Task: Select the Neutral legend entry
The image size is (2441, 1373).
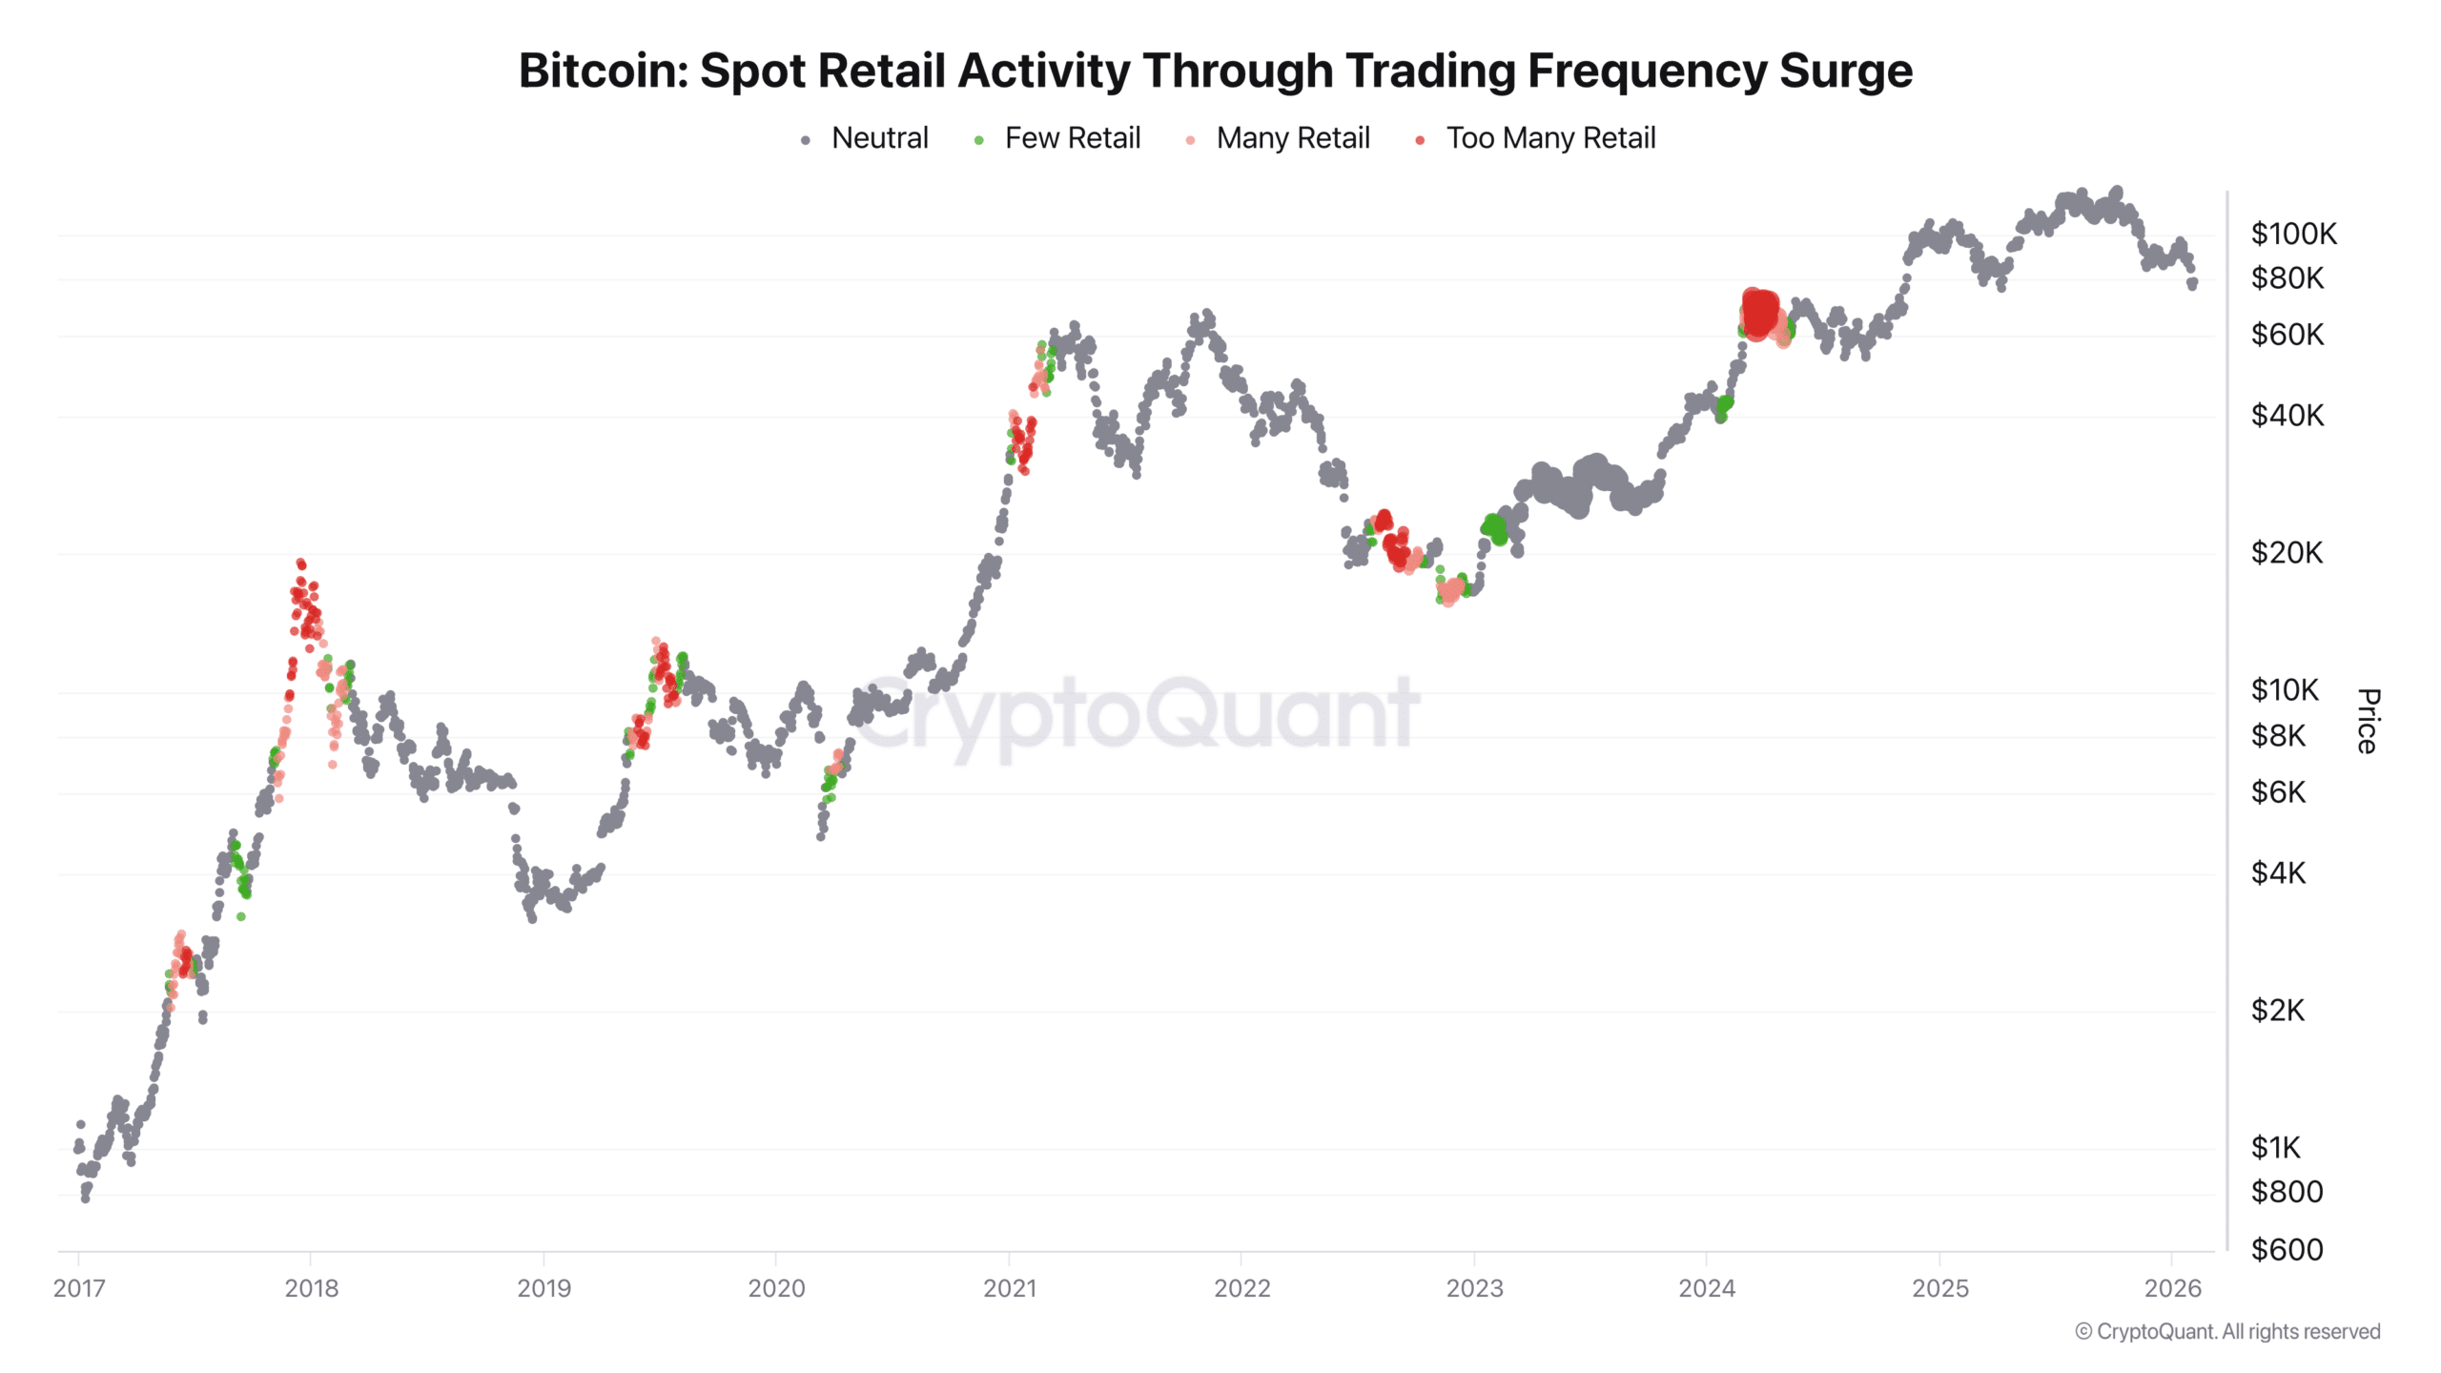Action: pyautogui.click(x=878, y=138)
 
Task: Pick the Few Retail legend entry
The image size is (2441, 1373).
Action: pyautogui.click(x=1072, y=138)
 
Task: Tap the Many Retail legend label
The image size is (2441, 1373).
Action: pyautogui.click(x=1292, y=138)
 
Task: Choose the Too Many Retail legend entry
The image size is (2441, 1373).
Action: pyautogui.click(x=1550, y=138)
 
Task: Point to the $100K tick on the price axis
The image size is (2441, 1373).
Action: pyautogui.click(x=2293, y=234)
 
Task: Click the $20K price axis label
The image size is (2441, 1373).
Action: pyautogui.click(x=2287, y=553)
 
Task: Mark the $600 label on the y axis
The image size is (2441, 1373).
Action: pyautogui.click(x=2287, y=1249)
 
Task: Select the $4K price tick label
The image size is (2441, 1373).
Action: pyautogui.click(x=2278, y=873)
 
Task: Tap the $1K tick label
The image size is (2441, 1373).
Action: pyautogui.click(x=2275, y=1148)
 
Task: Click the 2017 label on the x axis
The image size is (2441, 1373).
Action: pyautogui.click(x=79, y=1289)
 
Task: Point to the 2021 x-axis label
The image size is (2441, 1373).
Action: pyautogui.click(x=1009, y=1289)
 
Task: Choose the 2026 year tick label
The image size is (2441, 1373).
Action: pyautogui.click(x=2172, y=1289)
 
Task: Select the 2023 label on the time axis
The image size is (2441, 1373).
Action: pyautogui.click(x=1474, y=1289)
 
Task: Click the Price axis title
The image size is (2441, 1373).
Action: pyautogui.click(x=2369, y=721)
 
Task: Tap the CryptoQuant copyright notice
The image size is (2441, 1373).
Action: pyautogui.click(x=2227, y=1332)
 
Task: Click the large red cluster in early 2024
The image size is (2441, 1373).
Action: pyautogui.click(x=1759, y=312)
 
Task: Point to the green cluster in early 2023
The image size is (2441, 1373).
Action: pyautogui.click(x=1494, y=527)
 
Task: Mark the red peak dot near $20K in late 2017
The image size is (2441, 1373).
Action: pyautogui.click(x=300, y=564)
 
